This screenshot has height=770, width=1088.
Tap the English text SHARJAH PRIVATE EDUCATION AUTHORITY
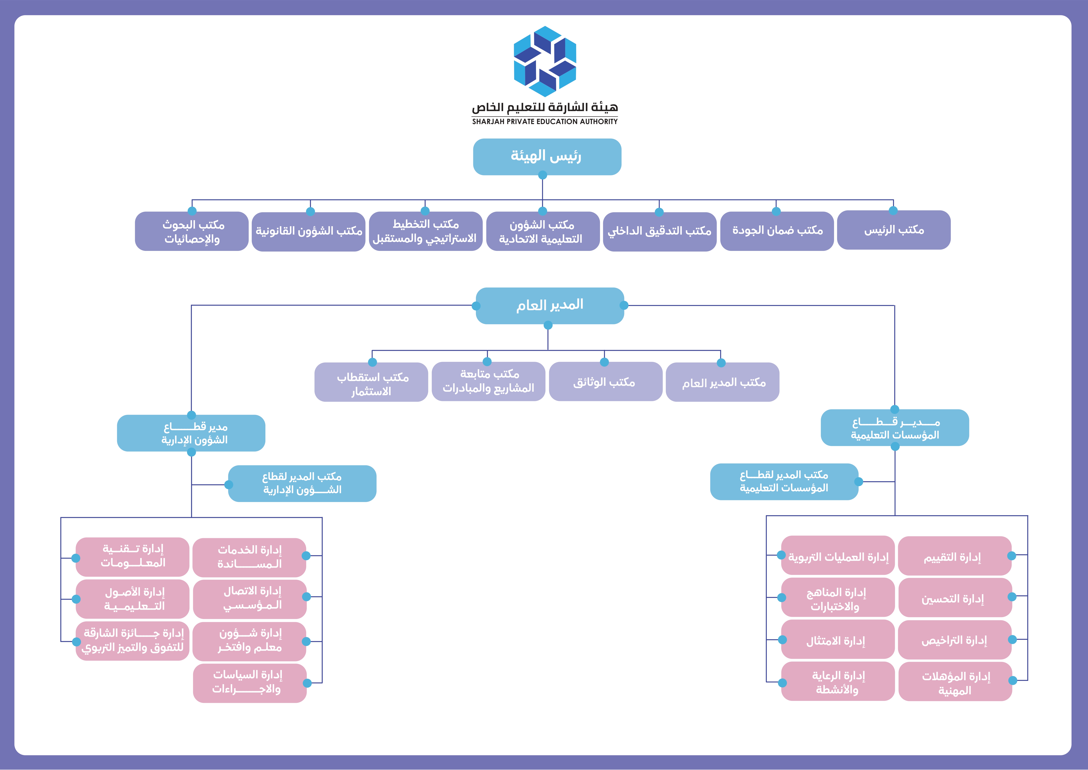coord(545,121)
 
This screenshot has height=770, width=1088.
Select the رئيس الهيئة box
coord(547,157)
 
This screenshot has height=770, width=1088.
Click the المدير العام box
coord(550,305)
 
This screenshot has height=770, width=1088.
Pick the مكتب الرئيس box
coord(894,230)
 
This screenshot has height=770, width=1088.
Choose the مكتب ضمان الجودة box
coord(777,231)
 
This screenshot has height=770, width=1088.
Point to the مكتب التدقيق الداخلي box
coord(660,231)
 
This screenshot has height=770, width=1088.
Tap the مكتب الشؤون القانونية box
coord(309,231)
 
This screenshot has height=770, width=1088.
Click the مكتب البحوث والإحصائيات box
coord(192,231)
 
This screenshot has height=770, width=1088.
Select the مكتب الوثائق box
coord(605,382)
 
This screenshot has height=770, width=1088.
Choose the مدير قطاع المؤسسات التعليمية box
coord(895,428)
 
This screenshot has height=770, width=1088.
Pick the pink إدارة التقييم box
coord(954,556)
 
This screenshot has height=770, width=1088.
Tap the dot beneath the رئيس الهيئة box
coord(543,175)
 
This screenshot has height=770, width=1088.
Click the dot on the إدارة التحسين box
coord(1012,597)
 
